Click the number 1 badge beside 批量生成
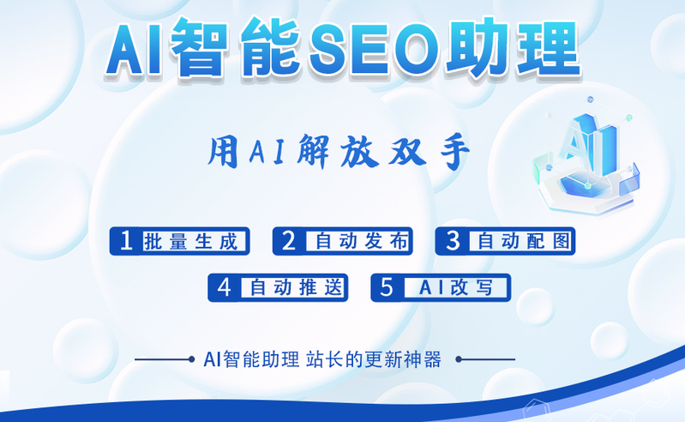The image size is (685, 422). pyautogui.click(x=126, y=242)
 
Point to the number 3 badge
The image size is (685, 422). pyautogui.click(x=452, y=242)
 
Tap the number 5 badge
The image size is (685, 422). pyautogui.click(x=387, y=288)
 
